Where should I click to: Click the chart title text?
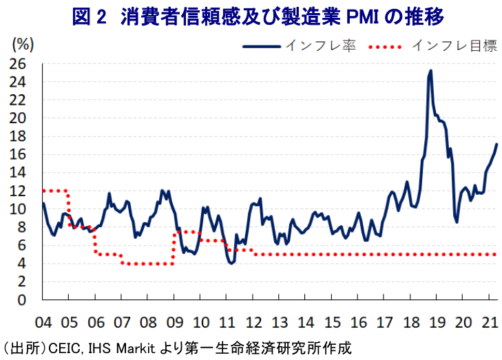[258, 17]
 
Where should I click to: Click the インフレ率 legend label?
[320, 45]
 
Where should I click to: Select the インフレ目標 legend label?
[454, 45]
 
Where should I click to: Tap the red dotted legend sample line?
[385, 47]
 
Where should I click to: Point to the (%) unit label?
[23, 45]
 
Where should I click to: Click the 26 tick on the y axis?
[17, 64]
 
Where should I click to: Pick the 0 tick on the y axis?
[21, 300]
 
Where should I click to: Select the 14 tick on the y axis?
[17, 173]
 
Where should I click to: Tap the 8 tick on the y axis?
[21, 227]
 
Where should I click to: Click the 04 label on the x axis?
[43, 322]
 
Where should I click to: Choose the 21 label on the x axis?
[489, 322]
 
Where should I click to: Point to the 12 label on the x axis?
[253, 322]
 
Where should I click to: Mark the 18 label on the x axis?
[411, 322]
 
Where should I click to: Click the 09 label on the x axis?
[175, 322]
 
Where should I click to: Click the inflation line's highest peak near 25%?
[430, 71]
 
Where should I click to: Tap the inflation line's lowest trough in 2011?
[231, 263]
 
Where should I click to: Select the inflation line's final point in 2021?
[496, 145]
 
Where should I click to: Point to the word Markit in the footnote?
[136, 348]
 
